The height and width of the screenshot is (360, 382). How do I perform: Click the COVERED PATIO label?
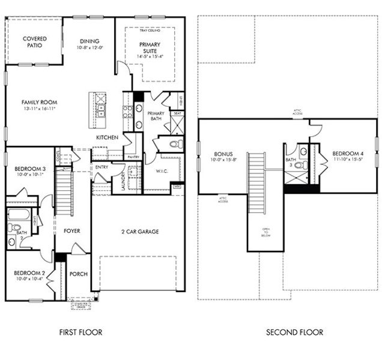[x=35, y=43]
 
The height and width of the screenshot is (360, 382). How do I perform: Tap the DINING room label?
[x=89, y=41]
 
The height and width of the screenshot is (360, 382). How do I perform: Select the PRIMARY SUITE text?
[x=150, y=48]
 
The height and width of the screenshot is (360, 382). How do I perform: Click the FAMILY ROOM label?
[x=39, y=103]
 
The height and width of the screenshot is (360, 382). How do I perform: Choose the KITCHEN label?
[x=107, y=137]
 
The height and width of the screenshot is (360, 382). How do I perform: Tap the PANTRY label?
[x=133, y=157]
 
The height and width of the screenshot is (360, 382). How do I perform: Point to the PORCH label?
[x=79, y=274]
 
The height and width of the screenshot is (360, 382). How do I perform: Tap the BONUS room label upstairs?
[x=222, y=154]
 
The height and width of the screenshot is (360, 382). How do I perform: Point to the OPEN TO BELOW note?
[x=265, y=232]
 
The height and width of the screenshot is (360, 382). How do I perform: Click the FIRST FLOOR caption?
[x=80, y=332]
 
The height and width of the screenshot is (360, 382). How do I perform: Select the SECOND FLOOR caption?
[x=294, y=332]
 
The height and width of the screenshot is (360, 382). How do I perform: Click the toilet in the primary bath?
[x=174, y=143]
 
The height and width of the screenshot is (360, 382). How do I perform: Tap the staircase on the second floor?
[x=256, y=173]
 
